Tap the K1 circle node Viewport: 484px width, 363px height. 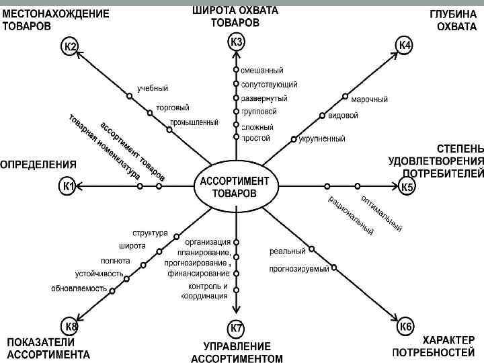[69, 186]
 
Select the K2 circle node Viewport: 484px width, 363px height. [70, 47]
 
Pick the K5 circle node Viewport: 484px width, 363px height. [407, 187]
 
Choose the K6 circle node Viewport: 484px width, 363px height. [405, 327]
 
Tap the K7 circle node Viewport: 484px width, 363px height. [237, 329]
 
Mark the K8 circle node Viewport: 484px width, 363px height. [71, 327]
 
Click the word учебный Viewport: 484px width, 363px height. [153, 88]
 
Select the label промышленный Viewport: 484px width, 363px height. [194, 122]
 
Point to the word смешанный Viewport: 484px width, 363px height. [262, 71]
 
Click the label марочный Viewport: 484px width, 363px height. [370, 99]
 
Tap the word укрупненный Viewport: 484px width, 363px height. [322, 139]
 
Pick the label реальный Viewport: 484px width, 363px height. [288, 251]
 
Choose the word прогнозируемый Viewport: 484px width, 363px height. [299, 269]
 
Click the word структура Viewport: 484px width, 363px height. [150, 233]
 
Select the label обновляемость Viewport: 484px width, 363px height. [79, 288]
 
